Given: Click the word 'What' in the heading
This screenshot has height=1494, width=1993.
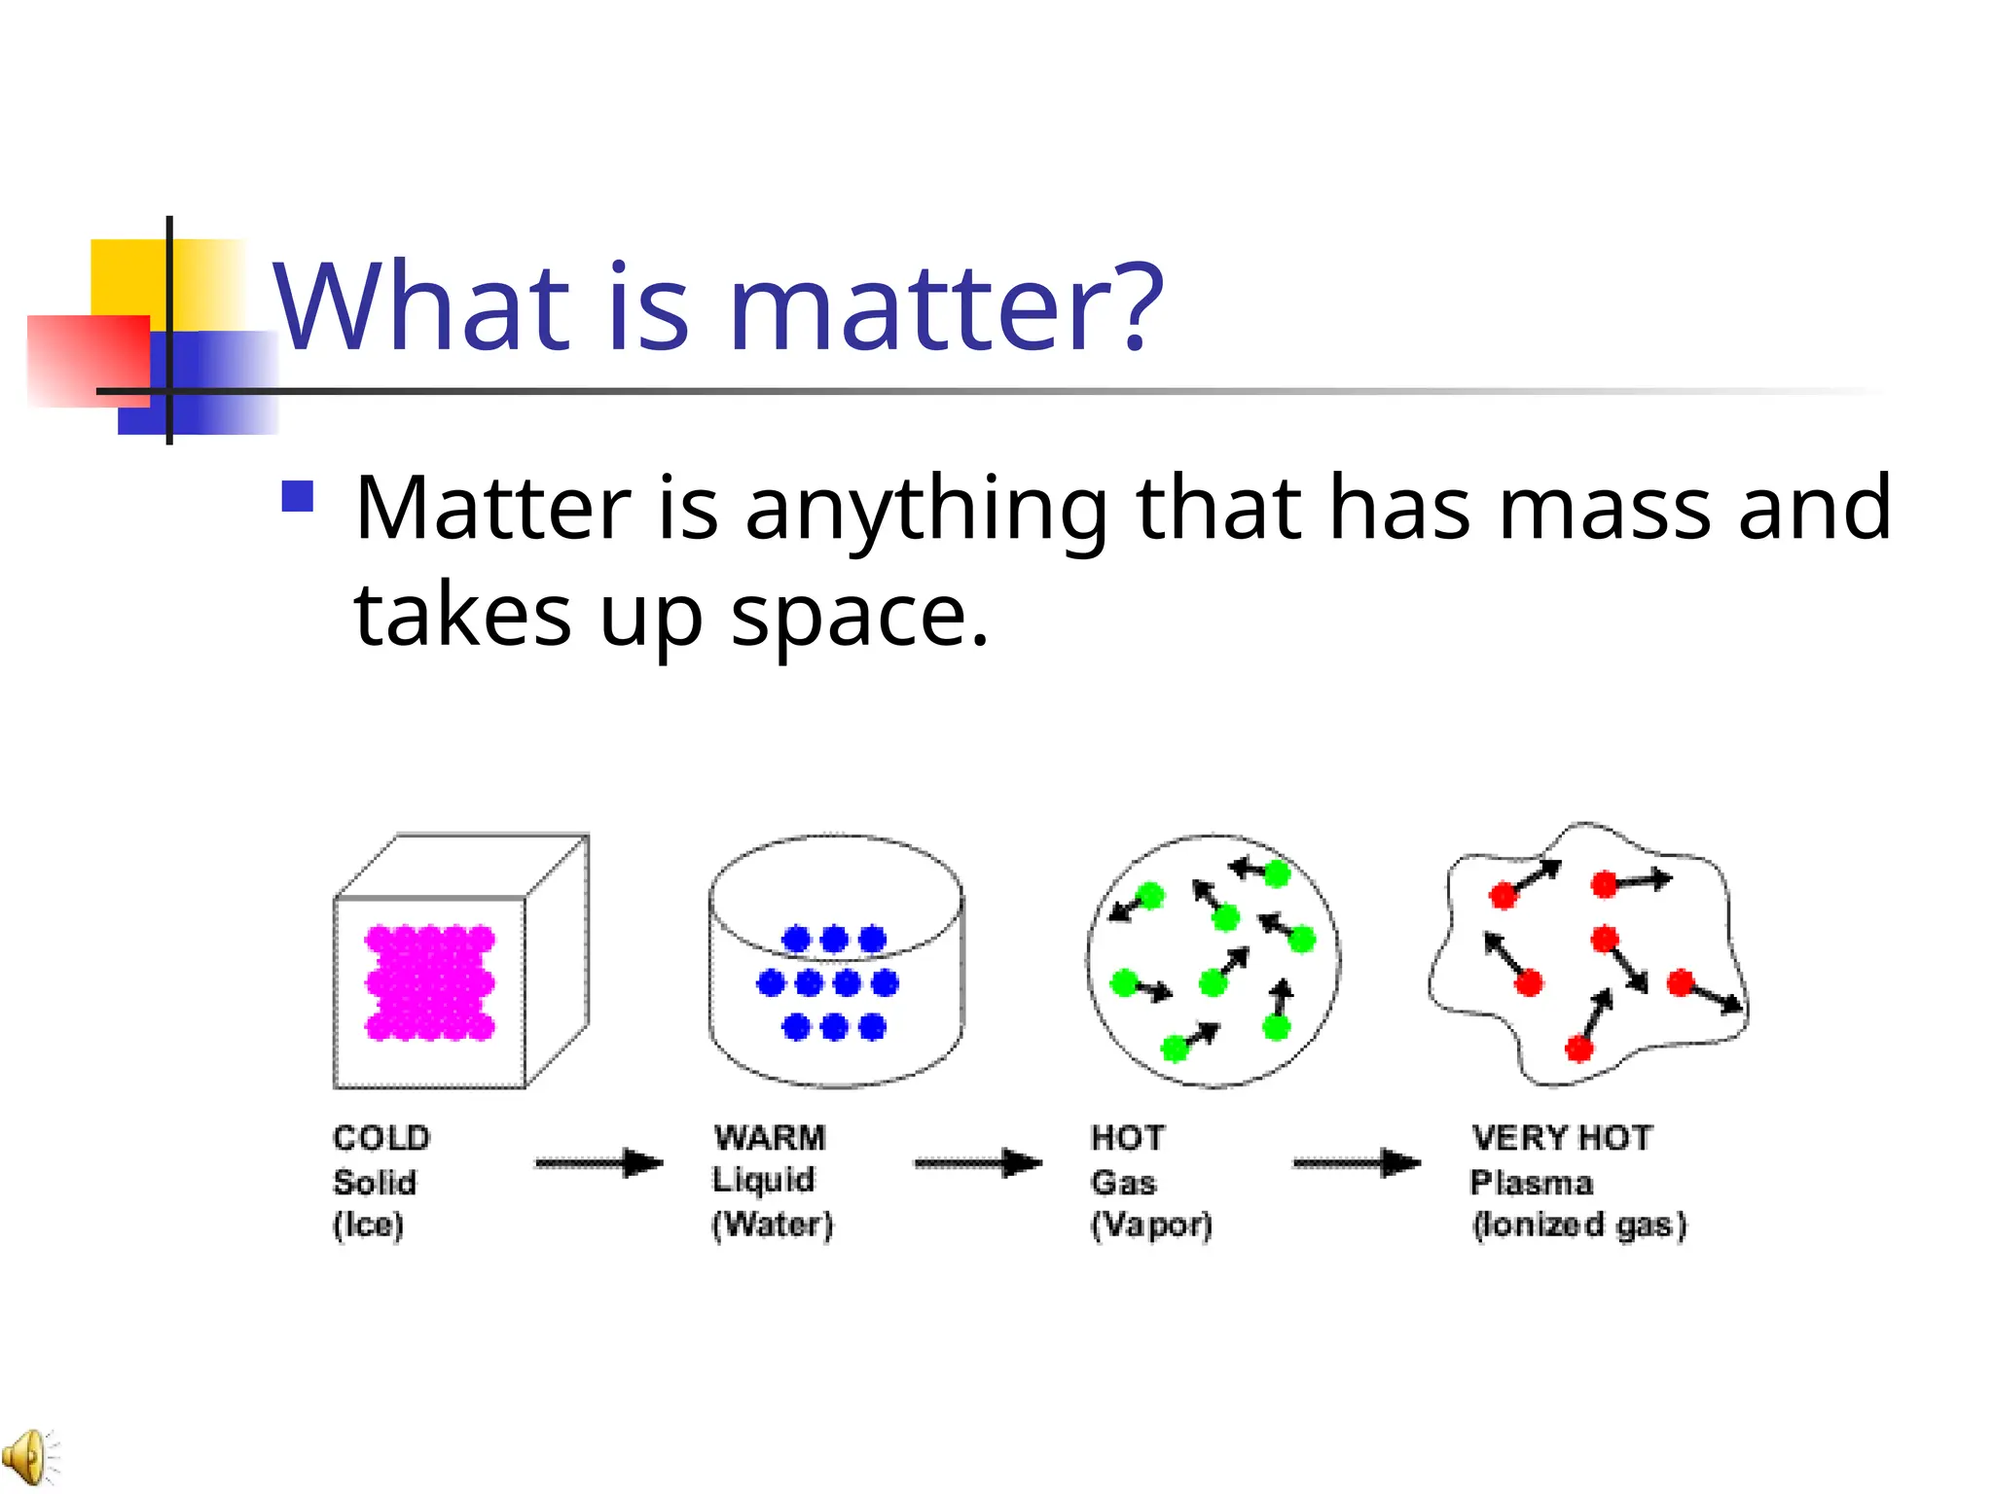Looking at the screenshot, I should point(421,307).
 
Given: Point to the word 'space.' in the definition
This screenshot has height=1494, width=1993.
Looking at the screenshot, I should point(860,616).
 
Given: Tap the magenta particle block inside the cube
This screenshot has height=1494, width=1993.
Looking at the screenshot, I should point(430,983).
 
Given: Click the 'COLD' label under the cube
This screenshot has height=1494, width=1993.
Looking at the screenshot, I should point(381,1138).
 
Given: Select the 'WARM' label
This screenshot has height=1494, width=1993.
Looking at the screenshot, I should point(770,1137).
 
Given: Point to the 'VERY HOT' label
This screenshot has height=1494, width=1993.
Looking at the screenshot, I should point(1562,1137).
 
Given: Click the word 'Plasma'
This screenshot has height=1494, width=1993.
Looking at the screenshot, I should point(1532,1183).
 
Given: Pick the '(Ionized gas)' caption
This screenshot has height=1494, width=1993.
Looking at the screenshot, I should point(1578,1225).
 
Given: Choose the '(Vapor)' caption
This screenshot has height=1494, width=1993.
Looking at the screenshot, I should point(1151,1225).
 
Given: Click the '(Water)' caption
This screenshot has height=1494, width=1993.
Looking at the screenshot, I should point(773,1225).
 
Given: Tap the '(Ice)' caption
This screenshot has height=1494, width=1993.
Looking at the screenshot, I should point(368,1225).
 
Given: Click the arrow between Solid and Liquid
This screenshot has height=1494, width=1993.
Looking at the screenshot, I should point(598,1163).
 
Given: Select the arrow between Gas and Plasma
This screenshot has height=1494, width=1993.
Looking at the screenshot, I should point(1357,1163).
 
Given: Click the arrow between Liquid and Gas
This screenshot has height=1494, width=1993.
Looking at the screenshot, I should point(978,1163).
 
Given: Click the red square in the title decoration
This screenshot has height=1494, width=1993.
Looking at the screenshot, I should point(88,360).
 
